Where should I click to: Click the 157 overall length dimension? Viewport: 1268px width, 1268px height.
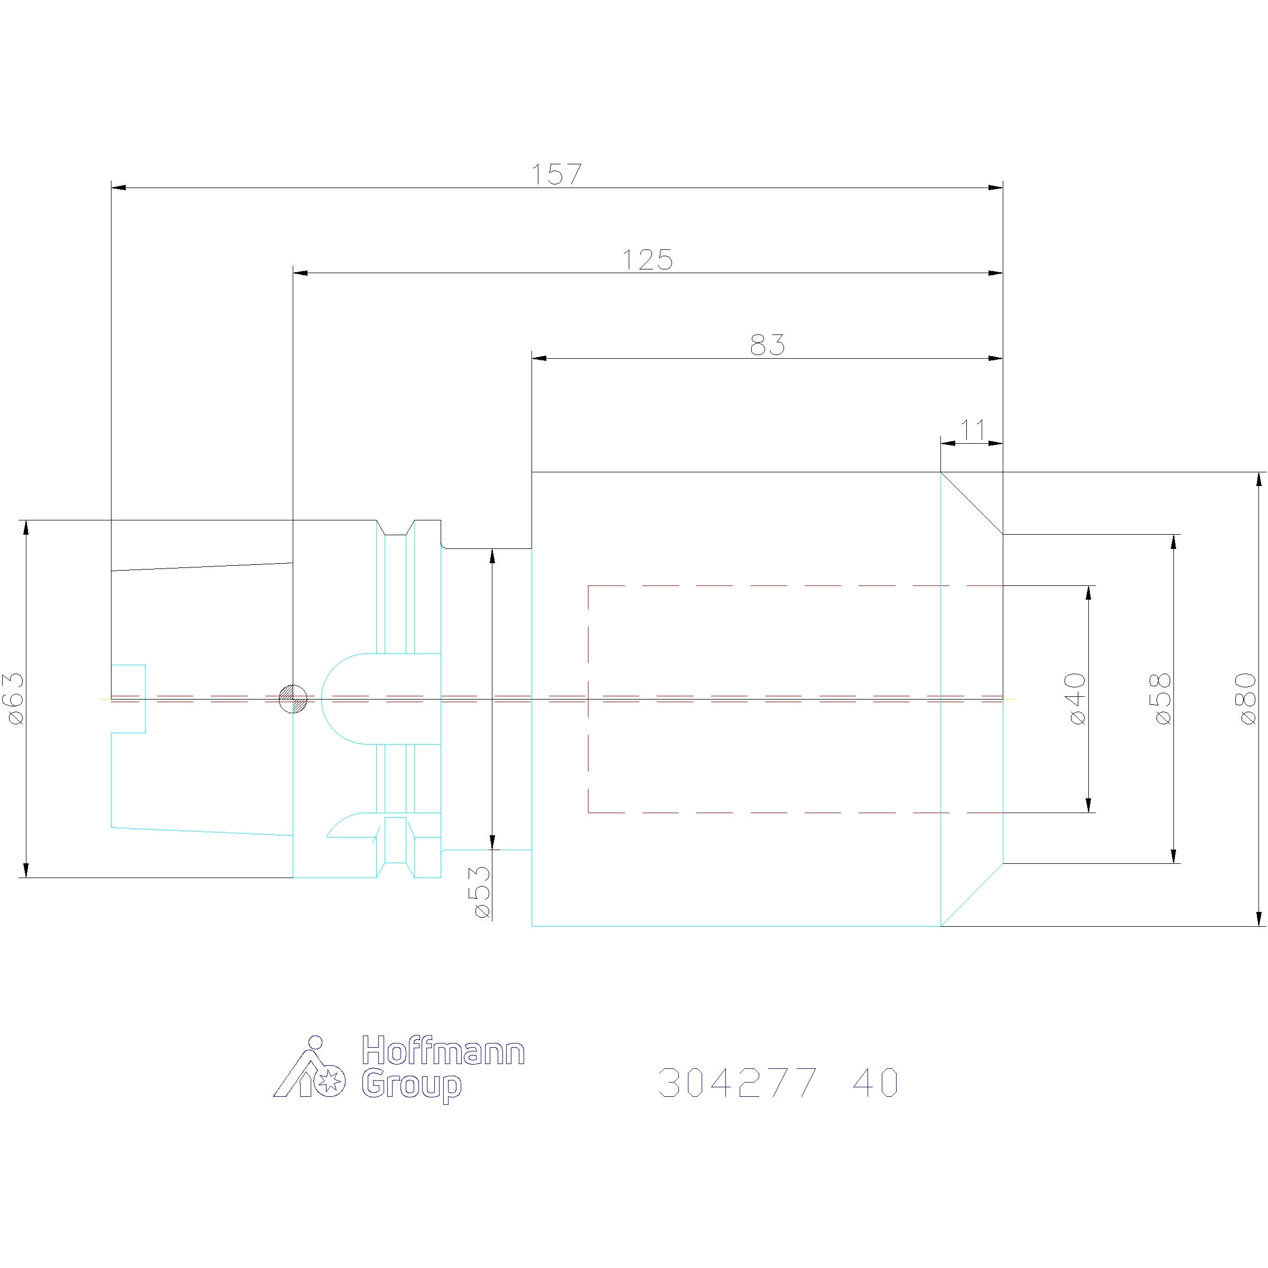556,174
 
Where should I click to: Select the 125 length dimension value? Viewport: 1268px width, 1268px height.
647,260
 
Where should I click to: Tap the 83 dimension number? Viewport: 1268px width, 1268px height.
767,345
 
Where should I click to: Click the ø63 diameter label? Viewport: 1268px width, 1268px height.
16,698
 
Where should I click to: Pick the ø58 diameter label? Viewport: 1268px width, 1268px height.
1162,698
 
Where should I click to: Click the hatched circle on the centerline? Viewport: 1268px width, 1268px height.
293,698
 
